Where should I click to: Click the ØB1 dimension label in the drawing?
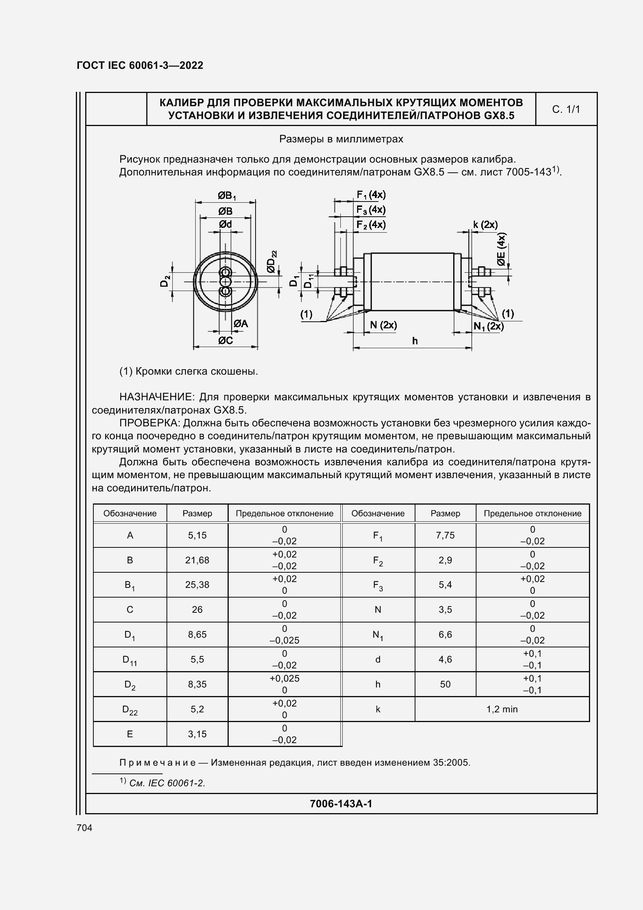(x=226, y=195)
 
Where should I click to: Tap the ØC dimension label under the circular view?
(x=226, y=340)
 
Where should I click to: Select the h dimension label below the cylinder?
(x=415, y=341)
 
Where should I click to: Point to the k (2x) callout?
(x=485, y=225)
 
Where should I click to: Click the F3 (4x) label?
(x=371, y=210)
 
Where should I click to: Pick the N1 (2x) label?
(x=489, y=326)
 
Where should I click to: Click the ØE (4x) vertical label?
(x=501, y=250)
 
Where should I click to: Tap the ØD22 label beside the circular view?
(x=272, y=261)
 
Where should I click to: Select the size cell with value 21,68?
(x=197, y=560)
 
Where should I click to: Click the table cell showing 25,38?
(x=197, y=585)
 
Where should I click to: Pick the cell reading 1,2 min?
(x=501, y=709)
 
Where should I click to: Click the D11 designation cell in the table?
(x=130, y=660)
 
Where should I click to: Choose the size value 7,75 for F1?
(x=445, y=535)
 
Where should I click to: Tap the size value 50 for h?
(x=445, y=684)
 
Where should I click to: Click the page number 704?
(x=84, y=828)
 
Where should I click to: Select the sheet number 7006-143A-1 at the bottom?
(x=341, y=803)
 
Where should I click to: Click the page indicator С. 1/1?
(x=566, y=109)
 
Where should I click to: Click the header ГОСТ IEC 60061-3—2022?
(x=140, y=65)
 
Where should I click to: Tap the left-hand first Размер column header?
(x=197, y=513)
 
